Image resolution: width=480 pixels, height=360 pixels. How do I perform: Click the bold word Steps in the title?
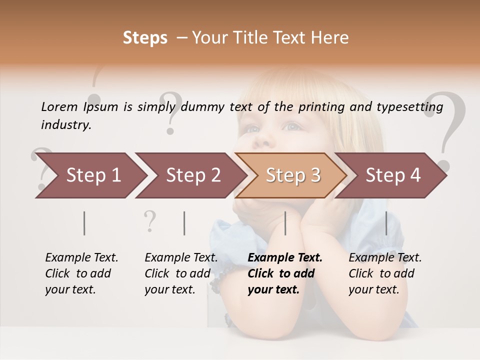coord(145,38)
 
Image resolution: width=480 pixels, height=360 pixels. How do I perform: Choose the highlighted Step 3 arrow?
coord(293,175)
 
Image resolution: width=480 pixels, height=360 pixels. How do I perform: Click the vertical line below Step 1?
coord(84,223)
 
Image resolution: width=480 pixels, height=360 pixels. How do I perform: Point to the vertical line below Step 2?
coord(184,223)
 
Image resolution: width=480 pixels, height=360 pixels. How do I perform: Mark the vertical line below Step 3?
coord(285,223)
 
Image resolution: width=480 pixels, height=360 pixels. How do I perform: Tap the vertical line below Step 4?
coord(386,223)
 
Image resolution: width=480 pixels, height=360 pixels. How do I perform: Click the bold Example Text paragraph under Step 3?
coord(285,273)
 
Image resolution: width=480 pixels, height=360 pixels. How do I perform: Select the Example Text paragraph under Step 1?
coord(81,273)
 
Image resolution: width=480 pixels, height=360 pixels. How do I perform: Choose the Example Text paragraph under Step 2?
coord(181,273)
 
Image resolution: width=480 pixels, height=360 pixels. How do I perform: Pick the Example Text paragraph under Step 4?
coord(385,273)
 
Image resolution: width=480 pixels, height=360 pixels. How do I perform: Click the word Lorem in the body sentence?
coord(59,106)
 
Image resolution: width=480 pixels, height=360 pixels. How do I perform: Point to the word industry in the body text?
coord(66,125)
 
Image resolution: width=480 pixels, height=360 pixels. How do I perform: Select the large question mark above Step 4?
coord(445,125)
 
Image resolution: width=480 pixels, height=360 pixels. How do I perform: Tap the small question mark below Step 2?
coord(149,221)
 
